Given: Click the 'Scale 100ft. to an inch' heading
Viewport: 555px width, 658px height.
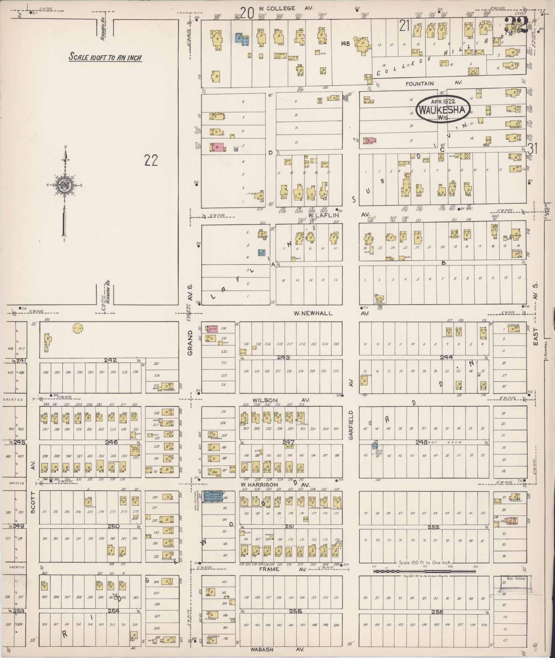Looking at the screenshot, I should coord(105,57).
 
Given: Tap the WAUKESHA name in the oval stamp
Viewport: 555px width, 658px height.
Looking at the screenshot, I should coord(443,110).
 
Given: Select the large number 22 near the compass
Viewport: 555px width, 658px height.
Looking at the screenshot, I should coord(151,160).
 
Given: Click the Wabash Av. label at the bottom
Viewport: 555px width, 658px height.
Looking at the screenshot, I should coord(262,649).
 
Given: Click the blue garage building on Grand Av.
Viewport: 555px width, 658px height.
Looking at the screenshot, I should coord(213,496).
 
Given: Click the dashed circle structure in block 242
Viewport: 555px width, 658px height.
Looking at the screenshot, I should coord(78,328).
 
